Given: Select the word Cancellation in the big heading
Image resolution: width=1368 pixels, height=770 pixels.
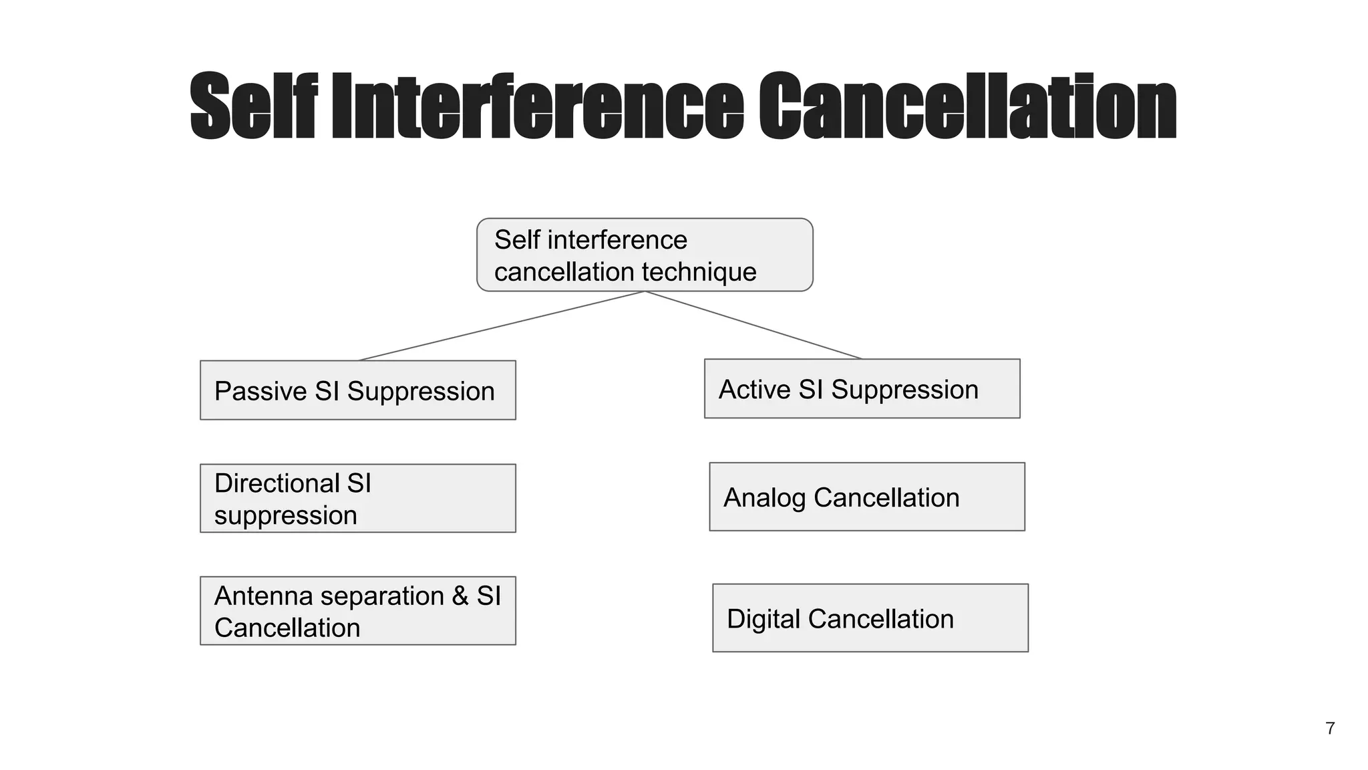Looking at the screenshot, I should click(967, 106).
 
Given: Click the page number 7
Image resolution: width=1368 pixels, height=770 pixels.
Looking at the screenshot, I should click(1330, 729).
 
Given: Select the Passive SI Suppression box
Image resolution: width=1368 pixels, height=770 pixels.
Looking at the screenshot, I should click(357, 390).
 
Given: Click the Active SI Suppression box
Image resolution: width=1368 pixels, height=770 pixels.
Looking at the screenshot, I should click(862, 389).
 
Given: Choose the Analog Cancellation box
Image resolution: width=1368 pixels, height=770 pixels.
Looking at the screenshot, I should click(866, 497).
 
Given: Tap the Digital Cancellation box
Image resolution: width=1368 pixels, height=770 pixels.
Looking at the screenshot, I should click(870, 618).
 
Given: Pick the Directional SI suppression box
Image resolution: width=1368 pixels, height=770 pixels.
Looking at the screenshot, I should click(357, 499).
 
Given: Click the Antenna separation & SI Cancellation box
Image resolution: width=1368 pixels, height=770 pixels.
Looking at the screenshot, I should click(357, 611).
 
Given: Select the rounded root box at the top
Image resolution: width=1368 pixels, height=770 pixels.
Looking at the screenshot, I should click(645, 255).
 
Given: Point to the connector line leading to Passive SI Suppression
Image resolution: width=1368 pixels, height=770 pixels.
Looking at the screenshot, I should click(501, 326).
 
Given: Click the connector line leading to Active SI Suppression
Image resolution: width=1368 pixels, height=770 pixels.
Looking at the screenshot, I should click(753, 325).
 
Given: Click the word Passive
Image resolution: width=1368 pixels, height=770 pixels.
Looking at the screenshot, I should click(260, 392).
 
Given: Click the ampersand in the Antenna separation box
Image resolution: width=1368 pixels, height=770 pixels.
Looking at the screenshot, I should click(460, 596).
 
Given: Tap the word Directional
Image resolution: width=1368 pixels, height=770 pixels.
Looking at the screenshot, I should click(277, 483).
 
